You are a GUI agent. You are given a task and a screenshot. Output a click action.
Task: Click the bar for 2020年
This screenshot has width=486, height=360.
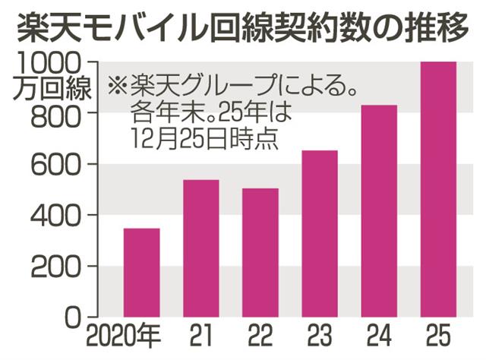coord(140,272)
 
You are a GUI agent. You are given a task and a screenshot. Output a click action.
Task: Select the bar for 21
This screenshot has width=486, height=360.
coord(200,248)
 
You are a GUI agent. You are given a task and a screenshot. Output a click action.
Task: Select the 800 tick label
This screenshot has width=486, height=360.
coord(61,114)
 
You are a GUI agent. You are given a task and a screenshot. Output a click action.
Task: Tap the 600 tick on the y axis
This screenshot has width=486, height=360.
coord(61,165)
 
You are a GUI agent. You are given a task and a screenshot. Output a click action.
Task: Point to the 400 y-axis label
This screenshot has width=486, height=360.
coord(61,216)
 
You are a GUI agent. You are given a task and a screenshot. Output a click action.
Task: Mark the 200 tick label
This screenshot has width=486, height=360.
coord(61,267)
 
